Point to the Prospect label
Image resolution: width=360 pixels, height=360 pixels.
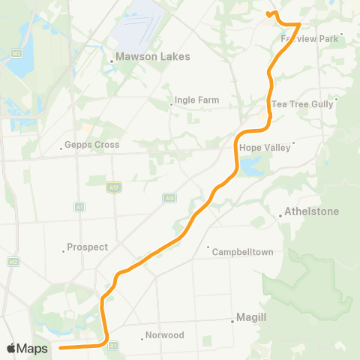[x=88, y=247]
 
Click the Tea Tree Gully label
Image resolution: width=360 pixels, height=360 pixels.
[x=302, y=104]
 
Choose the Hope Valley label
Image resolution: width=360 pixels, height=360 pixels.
[x=265, y=148]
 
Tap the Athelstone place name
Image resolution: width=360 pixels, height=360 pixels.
[x=312, y=211]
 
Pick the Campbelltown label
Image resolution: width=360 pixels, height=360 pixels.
[x=241, y=251]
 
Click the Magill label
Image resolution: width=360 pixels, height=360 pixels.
[x=252, y=318]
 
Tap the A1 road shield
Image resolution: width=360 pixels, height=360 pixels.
[x=79, y=206]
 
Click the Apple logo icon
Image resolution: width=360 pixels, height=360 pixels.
[x=12, y=348]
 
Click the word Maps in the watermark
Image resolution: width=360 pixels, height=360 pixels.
[x=34, y=349]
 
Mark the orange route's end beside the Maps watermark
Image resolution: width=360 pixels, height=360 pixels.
[x=60, y=348]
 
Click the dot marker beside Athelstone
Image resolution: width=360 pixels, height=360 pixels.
[x=280, y=215]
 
